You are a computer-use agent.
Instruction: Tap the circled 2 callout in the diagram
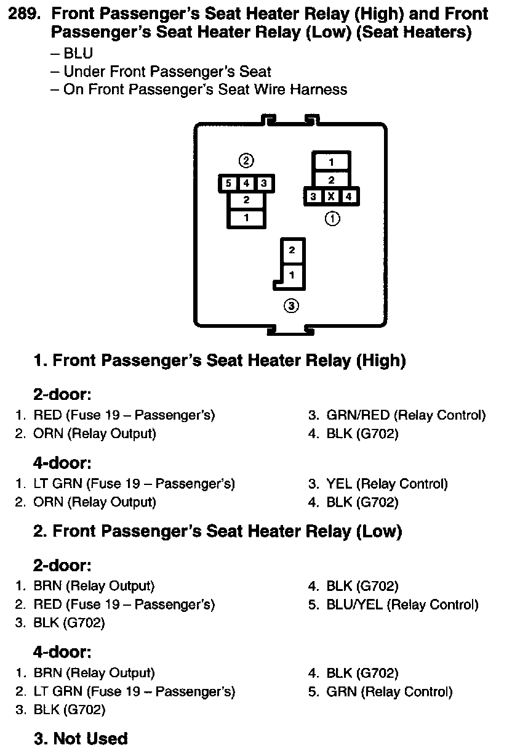click(246, 161)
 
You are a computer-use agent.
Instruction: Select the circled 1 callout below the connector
click(332, 218)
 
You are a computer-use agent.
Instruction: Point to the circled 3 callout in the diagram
click(291, 306)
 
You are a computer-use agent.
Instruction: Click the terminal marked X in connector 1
click(331, 197)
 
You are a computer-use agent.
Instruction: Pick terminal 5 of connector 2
click(228, 183)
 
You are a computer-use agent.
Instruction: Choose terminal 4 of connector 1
click(348, 197)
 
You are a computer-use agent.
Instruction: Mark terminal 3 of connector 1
click(314, 197)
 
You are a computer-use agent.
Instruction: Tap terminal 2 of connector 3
click(292, 250)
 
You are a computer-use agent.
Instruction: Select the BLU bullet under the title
click(78, 54)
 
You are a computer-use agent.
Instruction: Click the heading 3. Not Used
click(80, 738)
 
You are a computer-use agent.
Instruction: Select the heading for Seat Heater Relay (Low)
click(217, 531)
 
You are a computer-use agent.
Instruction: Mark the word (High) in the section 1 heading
click(380, 360)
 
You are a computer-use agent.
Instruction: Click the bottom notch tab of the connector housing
click(291, 331)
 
